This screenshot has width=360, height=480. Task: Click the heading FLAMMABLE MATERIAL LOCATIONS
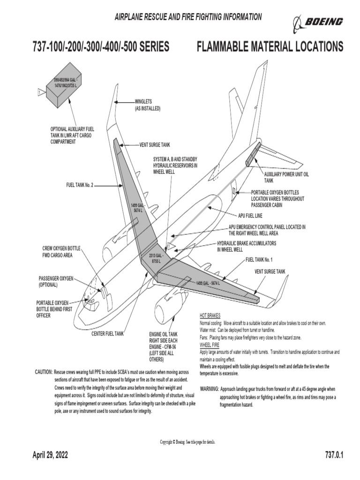[270, 47]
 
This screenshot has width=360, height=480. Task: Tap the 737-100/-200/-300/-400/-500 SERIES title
[100, 47]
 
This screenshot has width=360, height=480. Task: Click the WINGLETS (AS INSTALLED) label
[147, 105]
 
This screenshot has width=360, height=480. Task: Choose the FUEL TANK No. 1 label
[259, 259]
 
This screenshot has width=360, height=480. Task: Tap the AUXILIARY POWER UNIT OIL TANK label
[286, 177]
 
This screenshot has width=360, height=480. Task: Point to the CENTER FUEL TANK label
[107, 334]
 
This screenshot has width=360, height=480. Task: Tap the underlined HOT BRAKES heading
[210, 315]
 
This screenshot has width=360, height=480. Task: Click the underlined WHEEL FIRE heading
[210, 345]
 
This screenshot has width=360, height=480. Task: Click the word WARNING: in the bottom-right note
[209, 389]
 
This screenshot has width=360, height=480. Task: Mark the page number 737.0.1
[334, 455]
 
